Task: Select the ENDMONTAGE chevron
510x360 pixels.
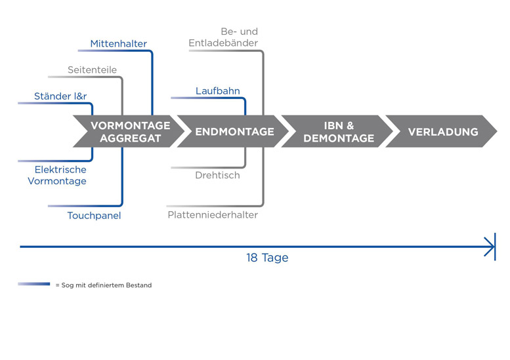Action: point(234,132)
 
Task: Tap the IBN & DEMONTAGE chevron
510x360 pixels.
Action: point(338,131)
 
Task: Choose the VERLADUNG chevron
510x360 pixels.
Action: point(442,132)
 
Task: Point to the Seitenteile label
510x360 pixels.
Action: point(92,70)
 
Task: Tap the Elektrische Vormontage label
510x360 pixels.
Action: point(56,175)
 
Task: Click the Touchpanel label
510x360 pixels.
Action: point(94,215)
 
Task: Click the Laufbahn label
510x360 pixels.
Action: point(218,91)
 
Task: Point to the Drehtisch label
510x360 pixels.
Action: point(217,175)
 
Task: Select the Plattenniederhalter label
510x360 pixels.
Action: point(213,214)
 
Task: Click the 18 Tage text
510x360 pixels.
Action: point(267,258)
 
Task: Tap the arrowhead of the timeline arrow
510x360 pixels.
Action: point(490,247)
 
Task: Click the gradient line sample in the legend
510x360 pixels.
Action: point(34,285)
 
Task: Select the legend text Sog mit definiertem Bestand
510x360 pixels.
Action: point(106,285)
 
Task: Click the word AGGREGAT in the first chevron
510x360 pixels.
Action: point(130,138)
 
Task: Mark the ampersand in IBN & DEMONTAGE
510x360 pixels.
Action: point(350,125)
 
